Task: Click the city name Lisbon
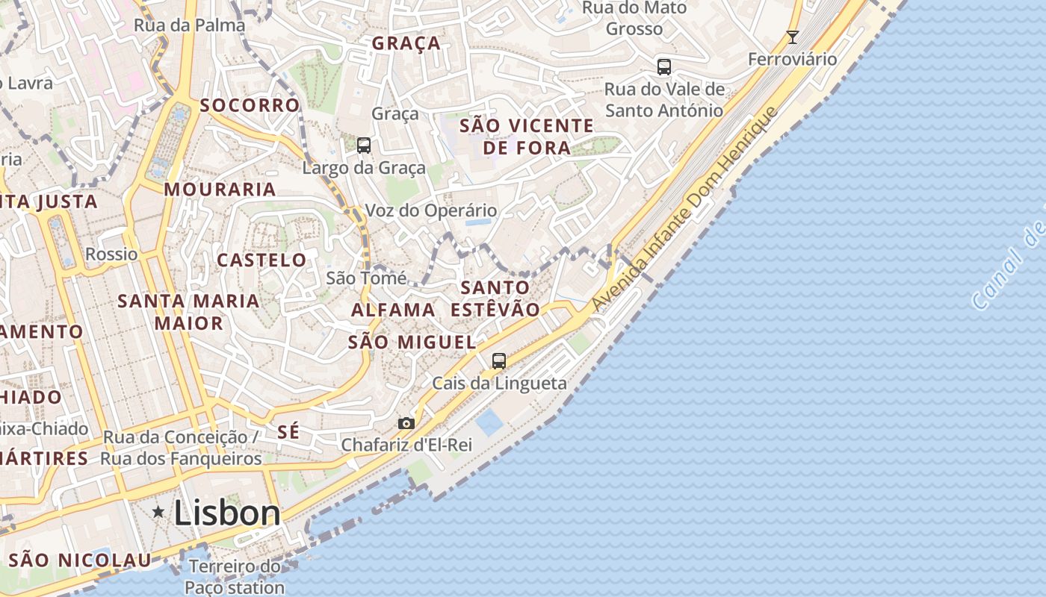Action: pos(227,513)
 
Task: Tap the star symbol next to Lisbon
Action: pos(158,512)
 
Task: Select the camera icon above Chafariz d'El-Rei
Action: pos(406,423)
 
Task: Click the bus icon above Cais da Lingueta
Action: pos(499,361)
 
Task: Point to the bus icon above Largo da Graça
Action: pos(364,146)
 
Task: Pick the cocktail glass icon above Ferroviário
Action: pos(793,37)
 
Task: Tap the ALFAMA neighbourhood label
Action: pos(393,310)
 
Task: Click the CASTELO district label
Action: pos(261,260)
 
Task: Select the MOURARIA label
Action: pos(220,190)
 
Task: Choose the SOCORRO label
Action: pos(250,105)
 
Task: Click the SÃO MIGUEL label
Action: pos(412,343)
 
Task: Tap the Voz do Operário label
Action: pos(431,211)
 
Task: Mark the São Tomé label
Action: pos(367,278)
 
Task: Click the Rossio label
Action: pos(111,254)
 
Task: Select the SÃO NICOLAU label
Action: pos(80,560)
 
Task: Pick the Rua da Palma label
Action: pos(190,25)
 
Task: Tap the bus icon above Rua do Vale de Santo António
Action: pos(664,66)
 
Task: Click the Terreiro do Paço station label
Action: pos(235,577)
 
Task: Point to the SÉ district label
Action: pos(288,431)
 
